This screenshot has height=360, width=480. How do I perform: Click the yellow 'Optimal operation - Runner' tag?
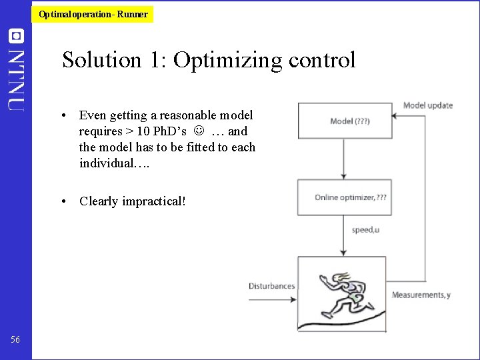coord(93,14)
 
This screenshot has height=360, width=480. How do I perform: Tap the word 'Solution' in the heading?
coord(101,60)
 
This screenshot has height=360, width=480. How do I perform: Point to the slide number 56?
coord(15,340)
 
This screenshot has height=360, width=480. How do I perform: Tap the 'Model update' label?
coord(427,105)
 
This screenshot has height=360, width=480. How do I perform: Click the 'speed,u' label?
coord(365,230)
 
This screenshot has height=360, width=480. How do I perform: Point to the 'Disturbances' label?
coord(271,286)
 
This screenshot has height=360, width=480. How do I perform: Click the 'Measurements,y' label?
coord(421,295)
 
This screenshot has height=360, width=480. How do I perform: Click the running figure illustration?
coord(341,293)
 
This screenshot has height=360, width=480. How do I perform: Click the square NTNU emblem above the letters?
coord(16,36)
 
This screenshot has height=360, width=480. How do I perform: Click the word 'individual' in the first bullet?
coord(103,163)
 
